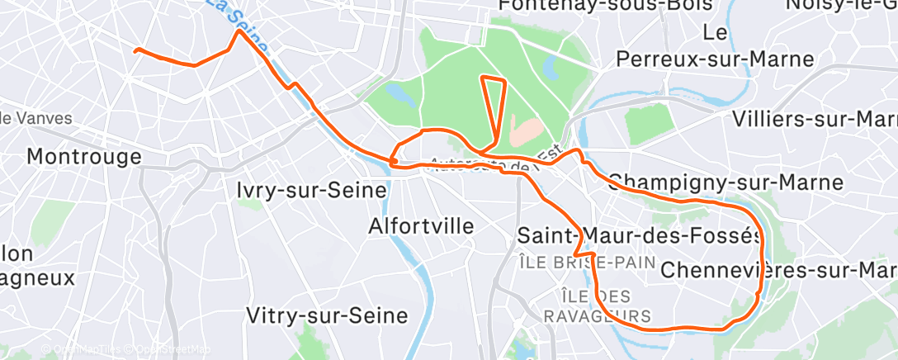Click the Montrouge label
(x=84, y=156)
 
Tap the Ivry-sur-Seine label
(x=311, y=190)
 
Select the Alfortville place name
(x=421, y=225)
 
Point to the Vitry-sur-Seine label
(x=328, y=315)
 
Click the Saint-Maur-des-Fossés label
(x=640, y=235)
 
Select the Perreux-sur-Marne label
(x=715, y=59)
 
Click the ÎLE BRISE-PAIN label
(x=587, y=263)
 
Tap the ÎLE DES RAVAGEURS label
(x=598, y=306)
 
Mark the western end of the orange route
(x=136, y=50)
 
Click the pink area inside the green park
(x=527, y=128)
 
